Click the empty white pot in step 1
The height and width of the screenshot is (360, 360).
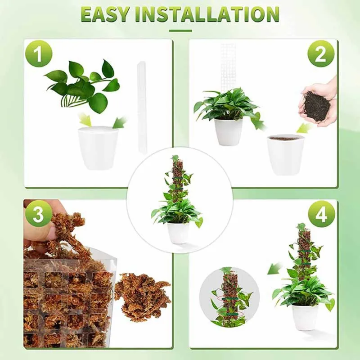click(x=98, y=147)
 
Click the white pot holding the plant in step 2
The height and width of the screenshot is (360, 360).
click(x=228, y=131)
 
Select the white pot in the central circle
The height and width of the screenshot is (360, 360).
click(x=178, y=233)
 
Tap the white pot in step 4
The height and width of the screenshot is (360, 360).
click(x=305, y=316)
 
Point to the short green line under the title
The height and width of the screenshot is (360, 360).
click(x=180, y=31)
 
